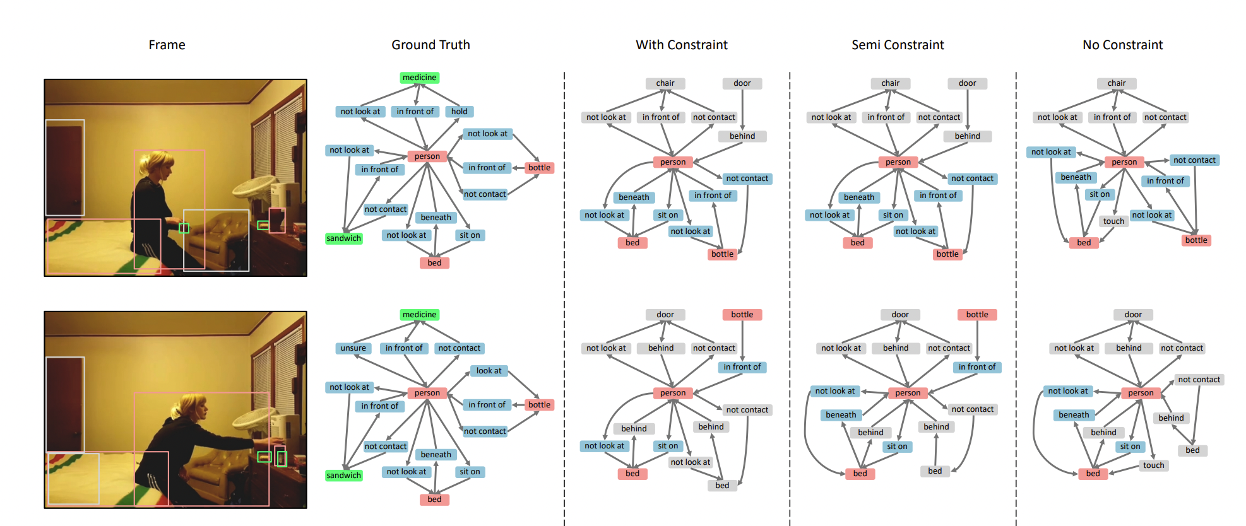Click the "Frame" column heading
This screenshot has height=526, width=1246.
[x=167, y=45]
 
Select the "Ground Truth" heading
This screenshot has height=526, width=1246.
[x=430, y=45]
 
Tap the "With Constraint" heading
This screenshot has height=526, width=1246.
[x=682, y=45]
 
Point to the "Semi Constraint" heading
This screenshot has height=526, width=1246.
[x=898, y=45]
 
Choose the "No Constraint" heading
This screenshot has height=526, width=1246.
[x=1122, y=45]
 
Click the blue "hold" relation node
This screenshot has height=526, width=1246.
[x=460, y=112]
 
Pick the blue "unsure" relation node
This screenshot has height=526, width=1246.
[x=353, y=348]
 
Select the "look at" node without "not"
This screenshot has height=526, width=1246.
[x=489, y=371]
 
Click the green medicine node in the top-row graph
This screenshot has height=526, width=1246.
[x=420, y=78]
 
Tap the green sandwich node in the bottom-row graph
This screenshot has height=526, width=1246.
[x=344, y=476]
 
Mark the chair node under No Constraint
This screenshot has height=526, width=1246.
[x=1116, y=83]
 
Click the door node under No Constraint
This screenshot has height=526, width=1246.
[x=1133, y=315]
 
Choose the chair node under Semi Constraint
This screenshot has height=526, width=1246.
[x=891, y=83]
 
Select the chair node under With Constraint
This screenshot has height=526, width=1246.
[x=665, y=83]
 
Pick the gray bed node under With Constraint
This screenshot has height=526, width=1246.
[x=722, y=486]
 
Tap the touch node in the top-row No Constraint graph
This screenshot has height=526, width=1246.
[x=1113, y=221]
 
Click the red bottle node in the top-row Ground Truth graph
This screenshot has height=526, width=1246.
[x=539, y=168]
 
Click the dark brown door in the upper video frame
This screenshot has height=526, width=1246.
[x=64, y=169]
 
